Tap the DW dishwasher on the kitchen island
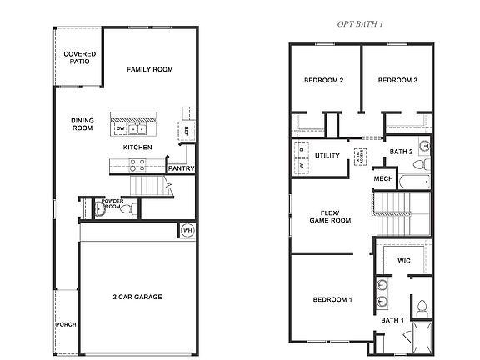coord(120,128)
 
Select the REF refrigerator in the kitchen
coord(185,130)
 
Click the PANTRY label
coord(181,168)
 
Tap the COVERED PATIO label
coord(79,58)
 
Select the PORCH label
coord(66,324)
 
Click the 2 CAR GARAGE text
coord(137,297)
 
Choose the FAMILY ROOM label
coord(150,69)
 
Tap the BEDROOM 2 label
coord(325,80)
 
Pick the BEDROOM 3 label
coord(397,80)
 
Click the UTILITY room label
coord(327,156)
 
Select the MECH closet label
coord(382,179)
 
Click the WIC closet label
coord(404,261)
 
